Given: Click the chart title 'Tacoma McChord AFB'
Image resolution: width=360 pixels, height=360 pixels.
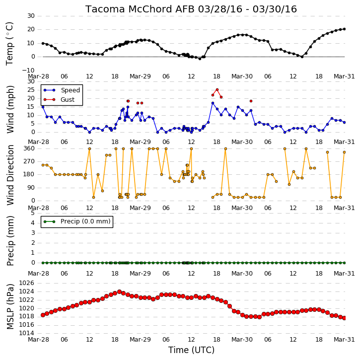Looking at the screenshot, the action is (141, 9).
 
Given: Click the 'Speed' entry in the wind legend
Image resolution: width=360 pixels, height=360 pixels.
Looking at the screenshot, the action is (70, 90).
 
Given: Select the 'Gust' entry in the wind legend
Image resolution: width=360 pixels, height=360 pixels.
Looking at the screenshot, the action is (68, 100).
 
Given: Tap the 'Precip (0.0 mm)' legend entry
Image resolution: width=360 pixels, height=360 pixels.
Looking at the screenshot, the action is (85, 221).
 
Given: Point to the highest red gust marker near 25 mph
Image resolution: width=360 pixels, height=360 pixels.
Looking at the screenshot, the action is (217, 90).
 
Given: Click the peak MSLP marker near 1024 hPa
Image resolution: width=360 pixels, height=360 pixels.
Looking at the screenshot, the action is (119, 292).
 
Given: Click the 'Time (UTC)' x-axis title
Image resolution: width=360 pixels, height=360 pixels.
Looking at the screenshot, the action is (191, 350).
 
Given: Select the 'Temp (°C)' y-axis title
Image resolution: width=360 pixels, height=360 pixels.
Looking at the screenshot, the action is (9, 44).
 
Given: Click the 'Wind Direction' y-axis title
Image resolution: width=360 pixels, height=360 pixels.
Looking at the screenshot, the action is (10, 175).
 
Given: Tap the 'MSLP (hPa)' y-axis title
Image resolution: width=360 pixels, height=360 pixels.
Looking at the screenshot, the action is (10, 307).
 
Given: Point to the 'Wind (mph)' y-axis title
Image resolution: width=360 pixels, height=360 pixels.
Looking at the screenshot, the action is (10, 109).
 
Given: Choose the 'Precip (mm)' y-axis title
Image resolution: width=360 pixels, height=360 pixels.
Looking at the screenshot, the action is (10, 241).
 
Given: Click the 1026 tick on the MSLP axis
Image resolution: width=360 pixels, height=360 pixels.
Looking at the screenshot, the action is (27, 283).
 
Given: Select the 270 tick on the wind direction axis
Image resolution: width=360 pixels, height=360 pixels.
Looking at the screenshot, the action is (29, 161).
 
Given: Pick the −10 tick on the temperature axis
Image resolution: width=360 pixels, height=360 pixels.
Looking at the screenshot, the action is (28, 71).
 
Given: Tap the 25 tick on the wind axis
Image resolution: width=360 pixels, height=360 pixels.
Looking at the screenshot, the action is (31, 90).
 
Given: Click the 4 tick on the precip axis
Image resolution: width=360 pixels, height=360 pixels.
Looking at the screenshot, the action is (33, 223).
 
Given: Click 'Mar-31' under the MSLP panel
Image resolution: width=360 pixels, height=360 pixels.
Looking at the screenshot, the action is (344, 339).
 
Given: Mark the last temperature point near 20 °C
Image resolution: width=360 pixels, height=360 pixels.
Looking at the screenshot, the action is (345, 29).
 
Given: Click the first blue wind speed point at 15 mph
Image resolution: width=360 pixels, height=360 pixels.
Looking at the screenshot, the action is (43, 107).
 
